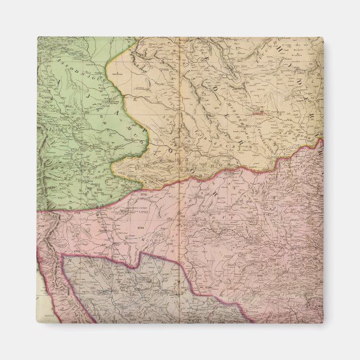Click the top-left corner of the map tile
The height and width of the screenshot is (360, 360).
(x=38, y=37)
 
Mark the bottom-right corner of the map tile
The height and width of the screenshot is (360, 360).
(x=323, y=323)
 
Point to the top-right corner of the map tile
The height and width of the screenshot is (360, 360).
(x=323, y=37)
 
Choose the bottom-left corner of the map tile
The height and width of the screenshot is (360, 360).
(x=38, y=323)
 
